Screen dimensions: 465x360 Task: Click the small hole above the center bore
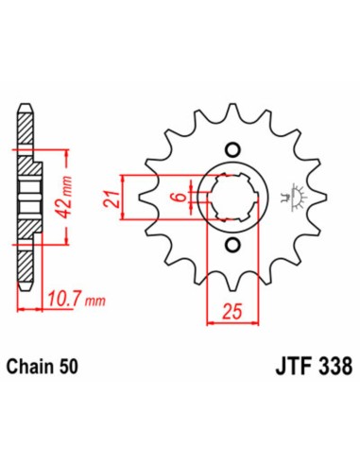[231, 151]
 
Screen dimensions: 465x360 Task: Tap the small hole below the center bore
[231, 248]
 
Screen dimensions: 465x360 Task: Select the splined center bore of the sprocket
[231, 198]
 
